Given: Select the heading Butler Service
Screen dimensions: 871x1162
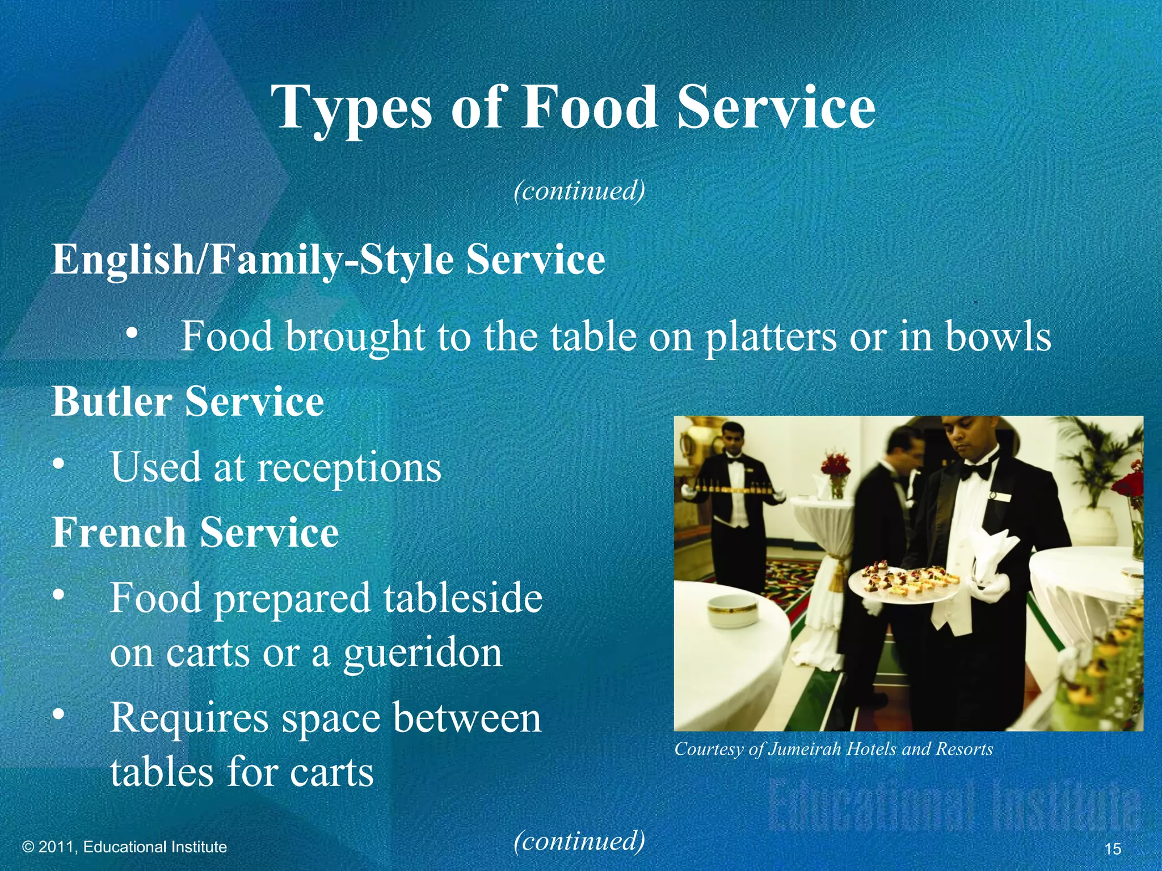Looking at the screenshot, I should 188,401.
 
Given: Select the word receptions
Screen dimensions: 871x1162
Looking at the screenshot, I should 349,468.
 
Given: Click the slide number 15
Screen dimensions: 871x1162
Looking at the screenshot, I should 1113,848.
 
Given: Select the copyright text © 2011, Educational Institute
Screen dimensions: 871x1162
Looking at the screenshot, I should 124,847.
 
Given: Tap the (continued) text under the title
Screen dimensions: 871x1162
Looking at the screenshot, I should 579,191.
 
